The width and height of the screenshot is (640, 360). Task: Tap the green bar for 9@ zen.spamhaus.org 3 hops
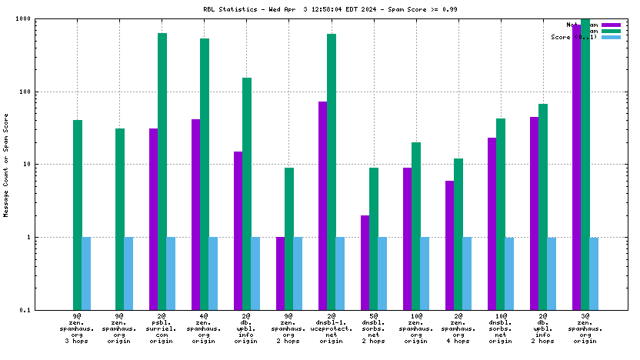click(78, 215)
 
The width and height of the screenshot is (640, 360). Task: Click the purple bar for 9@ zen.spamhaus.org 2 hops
click(280, 273)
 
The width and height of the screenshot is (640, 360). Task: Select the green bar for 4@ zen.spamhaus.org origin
click(205, 174)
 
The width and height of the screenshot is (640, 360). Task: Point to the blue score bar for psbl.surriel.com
click(171, 273)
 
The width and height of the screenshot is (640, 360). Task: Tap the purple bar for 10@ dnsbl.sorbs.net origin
click(492, 223)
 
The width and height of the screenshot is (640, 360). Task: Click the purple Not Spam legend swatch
click(611, 25)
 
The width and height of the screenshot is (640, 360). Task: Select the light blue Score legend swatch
click(611, 37)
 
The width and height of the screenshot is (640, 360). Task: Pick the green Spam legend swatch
click(611, 31)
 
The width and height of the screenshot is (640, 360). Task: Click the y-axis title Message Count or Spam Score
click(7, 165)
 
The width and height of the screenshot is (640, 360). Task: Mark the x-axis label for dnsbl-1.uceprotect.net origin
click(332, 328)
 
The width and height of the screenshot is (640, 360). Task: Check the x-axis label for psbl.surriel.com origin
click(162, 328)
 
